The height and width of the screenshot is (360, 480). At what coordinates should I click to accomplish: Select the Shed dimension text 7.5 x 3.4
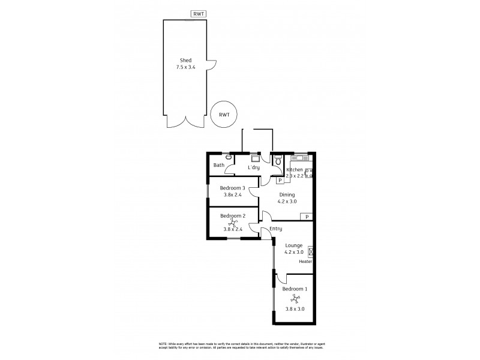tap(185, 68)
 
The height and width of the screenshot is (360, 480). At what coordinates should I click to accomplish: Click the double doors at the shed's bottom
tap(186, 122)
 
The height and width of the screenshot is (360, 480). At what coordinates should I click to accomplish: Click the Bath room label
tap(218, 165)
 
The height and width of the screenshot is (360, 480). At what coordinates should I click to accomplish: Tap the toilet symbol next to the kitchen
tap(278, 161)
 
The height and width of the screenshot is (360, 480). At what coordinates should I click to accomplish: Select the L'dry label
tap(254, 167)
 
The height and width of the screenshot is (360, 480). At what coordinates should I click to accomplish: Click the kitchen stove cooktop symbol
tap(308, 172)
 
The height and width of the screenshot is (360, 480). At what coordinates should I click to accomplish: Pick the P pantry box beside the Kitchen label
tap(280, 180)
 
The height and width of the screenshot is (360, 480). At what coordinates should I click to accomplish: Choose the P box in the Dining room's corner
tap(307, 217)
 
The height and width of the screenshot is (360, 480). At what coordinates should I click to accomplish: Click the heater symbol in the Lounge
tap(311, 252)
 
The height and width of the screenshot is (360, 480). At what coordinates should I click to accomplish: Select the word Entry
tap(276, 229)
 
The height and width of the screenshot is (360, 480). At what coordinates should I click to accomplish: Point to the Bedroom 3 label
tap(232, 188)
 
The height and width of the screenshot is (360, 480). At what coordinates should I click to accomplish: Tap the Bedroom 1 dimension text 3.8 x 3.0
tap(294, 308)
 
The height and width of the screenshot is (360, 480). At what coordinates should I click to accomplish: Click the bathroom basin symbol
tap(229, 157)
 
